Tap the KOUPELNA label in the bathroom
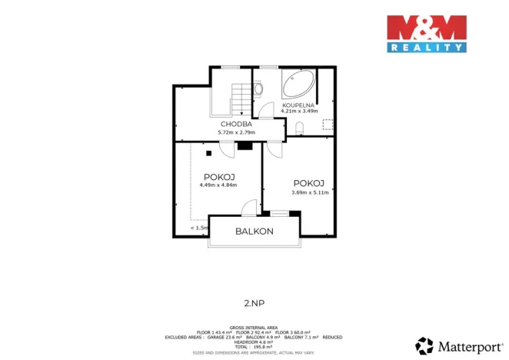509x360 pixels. tap(297, 104)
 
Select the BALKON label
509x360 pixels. tap(254, 231)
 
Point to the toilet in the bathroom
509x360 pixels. tap(301, 128)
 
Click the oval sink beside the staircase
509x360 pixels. tap(258, 89)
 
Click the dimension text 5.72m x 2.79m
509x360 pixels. tap(237, 132)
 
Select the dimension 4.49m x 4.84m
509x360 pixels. tap(218, 185)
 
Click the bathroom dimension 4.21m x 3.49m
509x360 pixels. tap(300, 111)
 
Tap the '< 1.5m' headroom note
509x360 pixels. tap(200, 228)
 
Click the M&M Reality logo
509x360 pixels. tap(426, 33)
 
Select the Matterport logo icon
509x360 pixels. tap(424, 345)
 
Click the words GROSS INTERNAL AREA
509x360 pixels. tap(254, 327)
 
